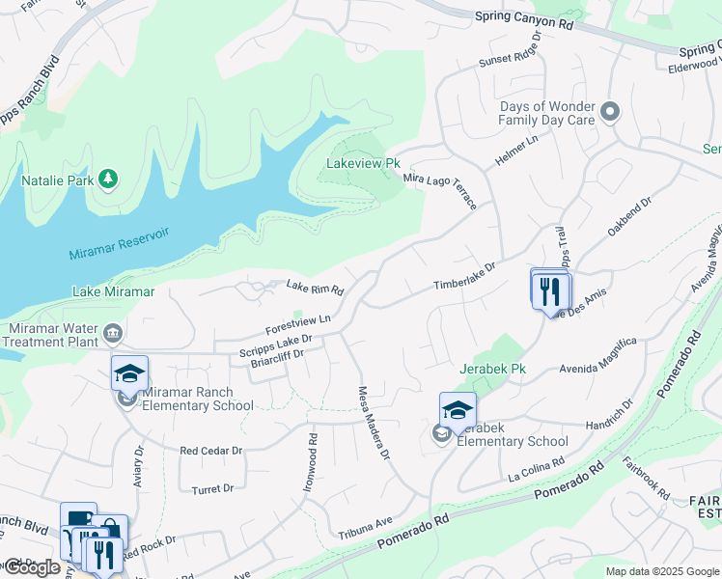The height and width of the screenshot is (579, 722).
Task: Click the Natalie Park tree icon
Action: (x=109, y=179)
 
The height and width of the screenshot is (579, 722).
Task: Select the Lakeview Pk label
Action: (x=363, y=164)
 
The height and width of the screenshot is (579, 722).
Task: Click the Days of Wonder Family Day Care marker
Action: (x=609, y=112)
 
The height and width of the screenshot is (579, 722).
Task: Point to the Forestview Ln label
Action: (x=299, y=319)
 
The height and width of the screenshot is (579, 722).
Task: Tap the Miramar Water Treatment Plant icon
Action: (x=113, y=334)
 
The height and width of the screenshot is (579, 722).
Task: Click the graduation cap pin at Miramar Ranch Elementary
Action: (x=129, y=372)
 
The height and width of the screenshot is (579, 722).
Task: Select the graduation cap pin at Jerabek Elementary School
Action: (x=458, y=409)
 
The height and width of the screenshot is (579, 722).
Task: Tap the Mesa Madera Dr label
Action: (x=374, y=422)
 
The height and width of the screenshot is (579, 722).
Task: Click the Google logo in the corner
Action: (x=31, y=567)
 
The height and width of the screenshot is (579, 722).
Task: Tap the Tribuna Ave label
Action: (x=365, y=527)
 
